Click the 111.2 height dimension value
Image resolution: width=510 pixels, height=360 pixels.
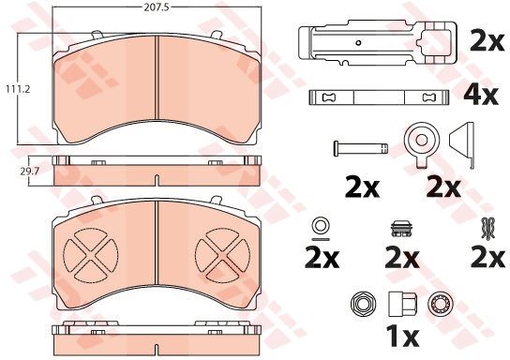18,88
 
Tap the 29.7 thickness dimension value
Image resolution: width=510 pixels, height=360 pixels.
30,172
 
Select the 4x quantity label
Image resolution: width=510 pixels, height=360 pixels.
481,95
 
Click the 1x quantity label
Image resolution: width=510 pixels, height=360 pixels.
402,337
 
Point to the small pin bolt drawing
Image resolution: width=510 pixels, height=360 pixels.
361,148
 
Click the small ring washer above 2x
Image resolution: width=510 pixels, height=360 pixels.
321,226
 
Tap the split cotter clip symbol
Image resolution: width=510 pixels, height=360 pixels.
487,228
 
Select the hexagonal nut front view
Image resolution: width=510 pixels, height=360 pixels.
364,304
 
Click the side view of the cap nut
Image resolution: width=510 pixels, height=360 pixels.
403,304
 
